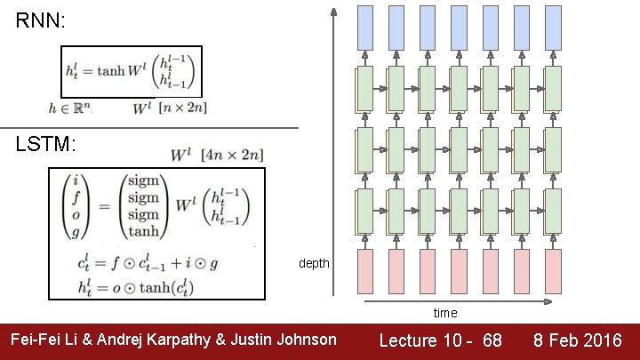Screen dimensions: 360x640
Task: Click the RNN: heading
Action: click(41, 21)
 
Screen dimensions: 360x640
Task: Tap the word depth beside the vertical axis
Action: click(314, 264)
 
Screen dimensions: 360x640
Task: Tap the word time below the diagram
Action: click(445, 313)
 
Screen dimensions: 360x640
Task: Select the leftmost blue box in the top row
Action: click(366, 27)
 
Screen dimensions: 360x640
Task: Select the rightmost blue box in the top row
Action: click(553, 27)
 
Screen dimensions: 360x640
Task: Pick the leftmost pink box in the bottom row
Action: click(366, 271)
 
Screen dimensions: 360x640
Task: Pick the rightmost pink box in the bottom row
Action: click(553, 271)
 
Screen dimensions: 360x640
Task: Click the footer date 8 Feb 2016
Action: click(578, 340)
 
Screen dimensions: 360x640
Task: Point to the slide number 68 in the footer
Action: click(492, 340)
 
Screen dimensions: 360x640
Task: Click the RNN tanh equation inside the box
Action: click(131, 71)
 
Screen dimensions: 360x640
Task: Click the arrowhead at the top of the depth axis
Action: click(333, 12)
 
